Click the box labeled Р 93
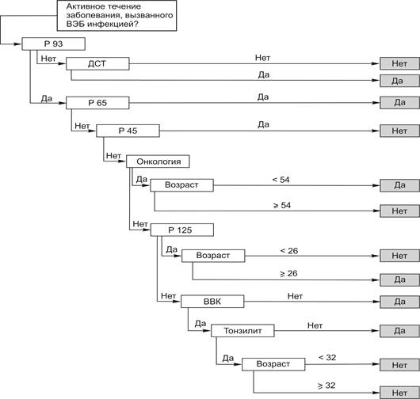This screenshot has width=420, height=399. pyautogui.click(x=54, y=44)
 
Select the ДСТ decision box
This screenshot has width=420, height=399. pyautogui.click(x=97, y=63)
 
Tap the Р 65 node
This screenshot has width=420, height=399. pyautogui.click(x=97, y=103)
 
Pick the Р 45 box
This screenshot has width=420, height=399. pyautogui.click(x=128, y=131)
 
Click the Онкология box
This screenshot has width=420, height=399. pyautogui.click(x=158, y=161)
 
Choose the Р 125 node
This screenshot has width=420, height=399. pyautogui.click(x=182, y=230)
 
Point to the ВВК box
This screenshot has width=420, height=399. pyautogui.click(x=212, y=302)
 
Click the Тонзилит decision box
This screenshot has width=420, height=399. pyautogui.click(x=242, y=331)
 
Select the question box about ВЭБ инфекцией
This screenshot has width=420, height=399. pyautogui.click(x=116, y=16)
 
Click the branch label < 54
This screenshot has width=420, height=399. pyautogui.click(x=281, y=180)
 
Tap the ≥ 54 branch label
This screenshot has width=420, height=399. pyautogui.click(x=282, y=205)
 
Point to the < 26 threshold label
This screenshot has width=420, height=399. pyautogui.click(x=289, y=251)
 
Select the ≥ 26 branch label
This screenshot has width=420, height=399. pyautogui.click(x=288, y=273)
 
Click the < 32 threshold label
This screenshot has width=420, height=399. pyautogui.click(x=327, y=358)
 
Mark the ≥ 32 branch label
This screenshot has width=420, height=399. pyautogui.click(x=326, y=386)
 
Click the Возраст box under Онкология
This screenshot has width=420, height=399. pyautogui.click(x=182, y=185)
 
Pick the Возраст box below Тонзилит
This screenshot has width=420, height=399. pyautogui.click(x=273, y=364)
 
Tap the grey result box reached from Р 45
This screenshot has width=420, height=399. pyautogui.click(x=399, y=131)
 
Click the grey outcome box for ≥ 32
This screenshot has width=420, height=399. pyautogui.click(x=399, y=393)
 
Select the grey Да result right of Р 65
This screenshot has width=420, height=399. pyautogui.click(x=399, y=103)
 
